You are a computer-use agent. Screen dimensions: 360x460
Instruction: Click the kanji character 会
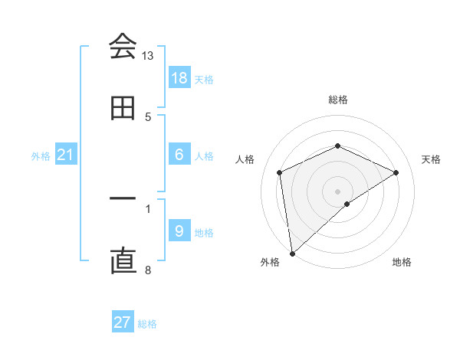coord(123,47)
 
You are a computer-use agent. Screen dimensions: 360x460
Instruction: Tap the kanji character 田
coord(123,109)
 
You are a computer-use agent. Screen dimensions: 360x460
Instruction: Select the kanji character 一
coord(123,198)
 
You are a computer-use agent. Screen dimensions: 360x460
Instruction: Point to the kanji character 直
coord(123,262)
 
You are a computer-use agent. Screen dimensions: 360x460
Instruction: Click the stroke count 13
coord(147,56)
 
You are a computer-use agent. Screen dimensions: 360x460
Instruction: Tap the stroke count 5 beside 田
coord(148,116)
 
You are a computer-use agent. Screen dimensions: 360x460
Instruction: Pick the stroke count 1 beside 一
coord(148,207)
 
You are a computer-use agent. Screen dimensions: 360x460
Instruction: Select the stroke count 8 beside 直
coord(148,270)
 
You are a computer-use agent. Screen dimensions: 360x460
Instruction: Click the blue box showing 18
coord(179,77)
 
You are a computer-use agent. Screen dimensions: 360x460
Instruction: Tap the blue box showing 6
coord(179,154)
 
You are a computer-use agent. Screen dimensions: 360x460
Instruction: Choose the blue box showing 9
coord(179,231)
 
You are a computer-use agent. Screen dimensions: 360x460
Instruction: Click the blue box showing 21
coord(66,155)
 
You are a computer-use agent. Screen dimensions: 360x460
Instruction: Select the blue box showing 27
coord(123,322)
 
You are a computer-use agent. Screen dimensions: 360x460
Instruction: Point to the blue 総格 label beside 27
coord(148,324)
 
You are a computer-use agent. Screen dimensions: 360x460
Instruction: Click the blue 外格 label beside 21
coord(41,156)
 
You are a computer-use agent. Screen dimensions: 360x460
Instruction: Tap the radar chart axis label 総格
coord(337,100)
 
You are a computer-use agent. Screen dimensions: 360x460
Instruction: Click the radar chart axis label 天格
coord(432,159)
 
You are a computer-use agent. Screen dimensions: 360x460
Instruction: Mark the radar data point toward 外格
coord(292,253)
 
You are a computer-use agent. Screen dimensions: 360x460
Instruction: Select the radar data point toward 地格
coord(347,204)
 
